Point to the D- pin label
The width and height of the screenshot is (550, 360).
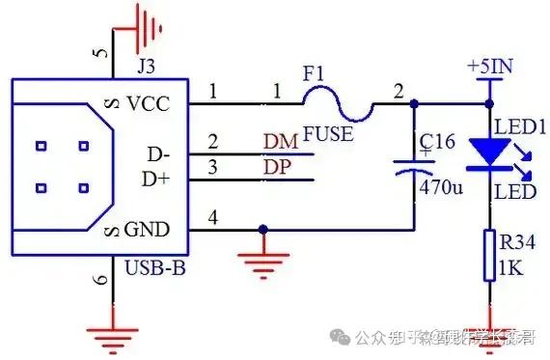tap(156, 154)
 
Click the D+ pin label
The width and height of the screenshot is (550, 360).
tap(156, 180)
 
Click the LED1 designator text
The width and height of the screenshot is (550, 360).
tap(520, 127)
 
